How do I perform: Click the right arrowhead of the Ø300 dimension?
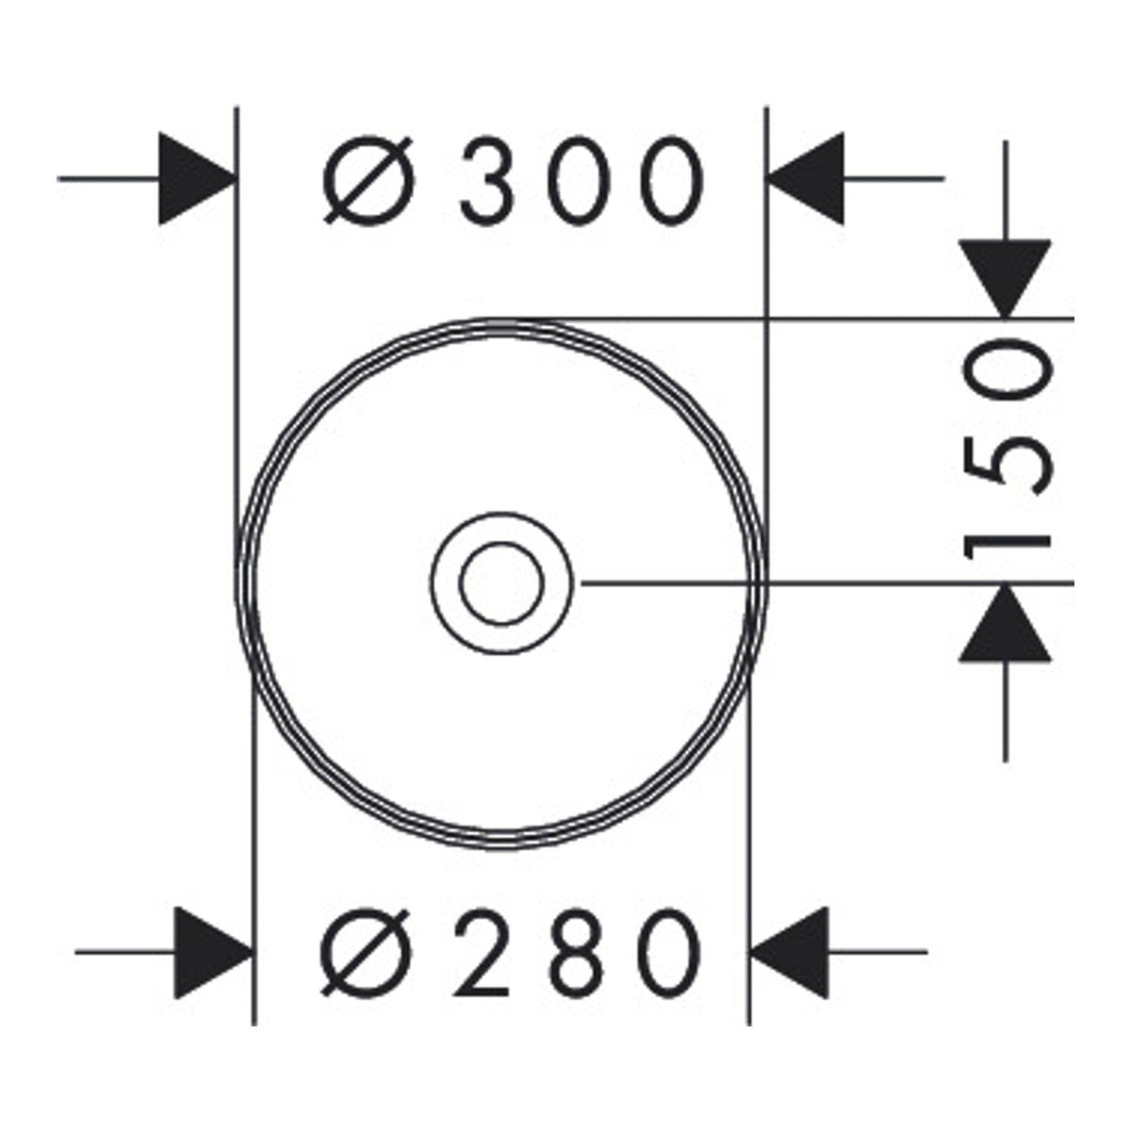[805, 178]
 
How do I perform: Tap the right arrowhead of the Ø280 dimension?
[790, 952]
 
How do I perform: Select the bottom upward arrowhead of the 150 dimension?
[1006, 623]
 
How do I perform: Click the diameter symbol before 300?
[369, 180]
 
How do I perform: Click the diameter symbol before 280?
[365, 953]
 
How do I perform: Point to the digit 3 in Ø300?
[487, 181]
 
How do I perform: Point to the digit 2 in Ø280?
[481, 953]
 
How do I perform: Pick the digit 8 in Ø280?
[578, 953]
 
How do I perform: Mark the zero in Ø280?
[672, 953]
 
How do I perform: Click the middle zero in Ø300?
[581, 181]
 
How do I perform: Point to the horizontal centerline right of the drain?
[828, 583]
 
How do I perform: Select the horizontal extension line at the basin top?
[783, 320]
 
